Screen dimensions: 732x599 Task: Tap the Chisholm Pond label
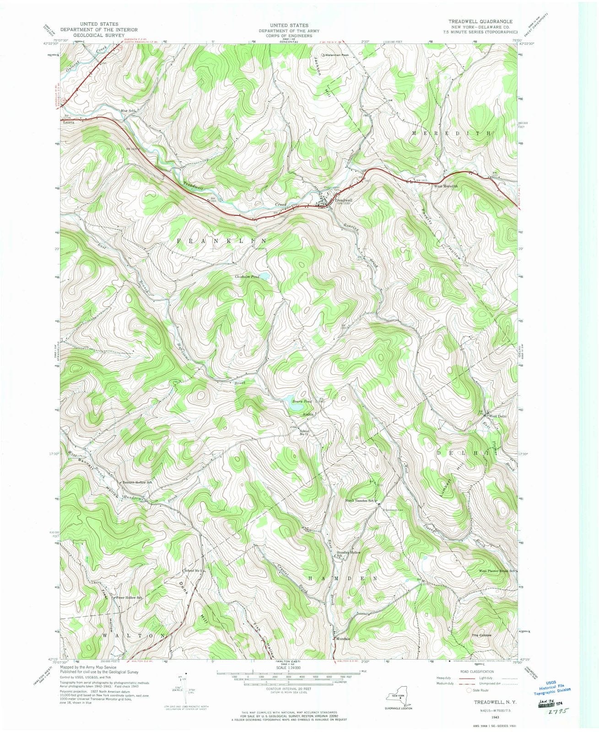click(247, 277)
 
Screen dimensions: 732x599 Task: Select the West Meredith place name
click(445, 187)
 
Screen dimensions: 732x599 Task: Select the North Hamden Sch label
click(360, 501)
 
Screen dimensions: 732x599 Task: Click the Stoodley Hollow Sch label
click(349, 554)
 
